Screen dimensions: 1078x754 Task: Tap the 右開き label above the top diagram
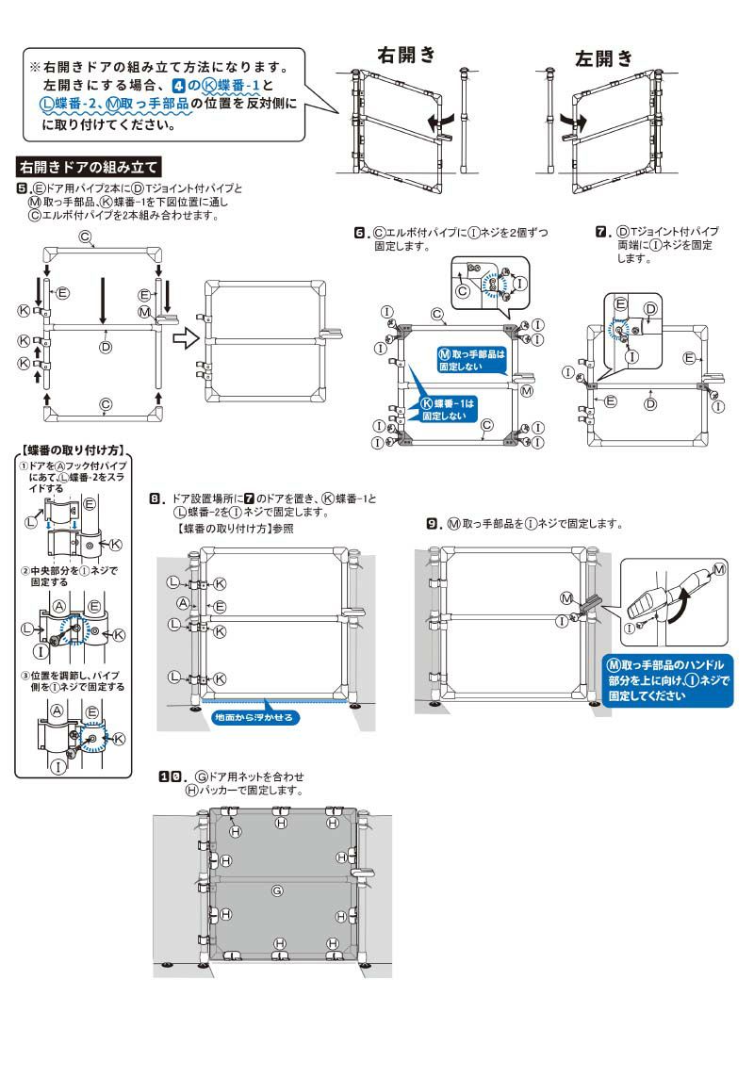[x=406, y=54]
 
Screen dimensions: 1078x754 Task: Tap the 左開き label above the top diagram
[x=604, y=59]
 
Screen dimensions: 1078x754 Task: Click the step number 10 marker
[x=170, y=776]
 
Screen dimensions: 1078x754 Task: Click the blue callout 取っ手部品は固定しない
[x=472, y=359]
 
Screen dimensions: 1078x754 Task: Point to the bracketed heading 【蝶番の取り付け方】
[x=74, y=450]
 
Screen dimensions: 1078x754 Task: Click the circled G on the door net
[x=277, y=890]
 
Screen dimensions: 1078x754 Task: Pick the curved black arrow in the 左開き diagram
[x=572, y=122]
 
